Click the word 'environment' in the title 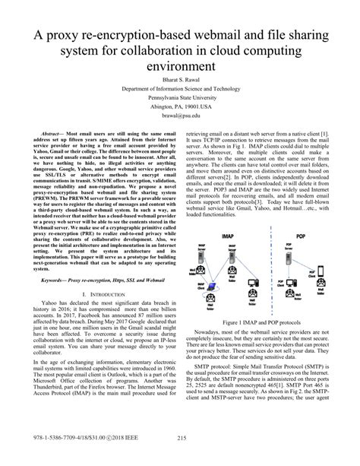(x=180, y=67)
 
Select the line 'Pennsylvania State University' (x=180, y=99)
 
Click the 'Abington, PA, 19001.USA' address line (x=180, y=108)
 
